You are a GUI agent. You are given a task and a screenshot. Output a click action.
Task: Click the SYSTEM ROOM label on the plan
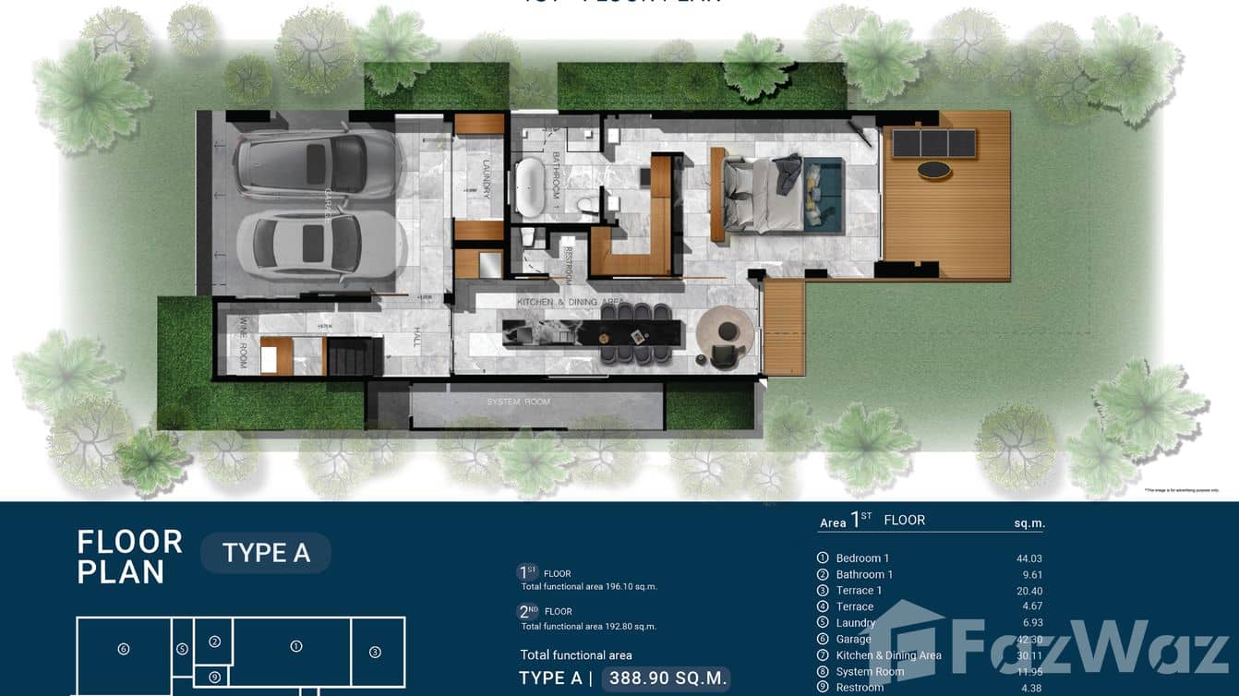point(519,402)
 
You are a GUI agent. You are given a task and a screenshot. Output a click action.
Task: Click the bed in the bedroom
point(763,193)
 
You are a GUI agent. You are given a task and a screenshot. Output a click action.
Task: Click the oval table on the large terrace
point(933,170)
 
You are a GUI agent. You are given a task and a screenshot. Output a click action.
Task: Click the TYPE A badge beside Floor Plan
point(266,553)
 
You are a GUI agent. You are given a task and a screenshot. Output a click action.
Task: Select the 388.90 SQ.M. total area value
point(666,678)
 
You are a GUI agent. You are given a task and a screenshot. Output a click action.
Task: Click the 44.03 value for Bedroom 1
point(1028,558)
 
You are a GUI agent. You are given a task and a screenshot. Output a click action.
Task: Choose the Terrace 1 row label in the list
point(859,591)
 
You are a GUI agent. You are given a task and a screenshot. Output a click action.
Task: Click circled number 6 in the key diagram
point(124,649)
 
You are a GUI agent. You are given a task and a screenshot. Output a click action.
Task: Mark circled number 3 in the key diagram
point(375,652)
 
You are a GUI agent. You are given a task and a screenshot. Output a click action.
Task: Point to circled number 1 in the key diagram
point(296,646)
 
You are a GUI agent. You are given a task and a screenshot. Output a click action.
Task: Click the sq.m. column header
point(1028,523)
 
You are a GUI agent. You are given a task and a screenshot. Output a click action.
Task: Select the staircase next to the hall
point(354,356)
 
